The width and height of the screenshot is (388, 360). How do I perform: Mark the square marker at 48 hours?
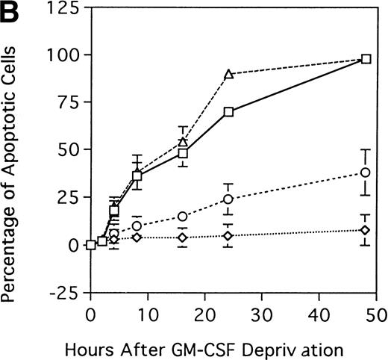(x=366, y=58)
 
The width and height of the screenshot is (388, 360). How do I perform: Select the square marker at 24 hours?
(x=228, y=112)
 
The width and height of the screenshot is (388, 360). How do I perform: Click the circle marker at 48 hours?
(x=365, y=173)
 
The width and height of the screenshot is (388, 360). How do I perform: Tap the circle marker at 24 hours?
(x=228, y=199)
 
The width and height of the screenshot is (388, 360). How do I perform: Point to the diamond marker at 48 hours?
(x=365, y=230)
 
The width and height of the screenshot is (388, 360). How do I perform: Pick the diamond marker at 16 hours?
(x=182, y=238)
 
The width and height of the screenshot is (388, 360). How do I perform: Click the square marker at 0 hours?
(x=91, y=244)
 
